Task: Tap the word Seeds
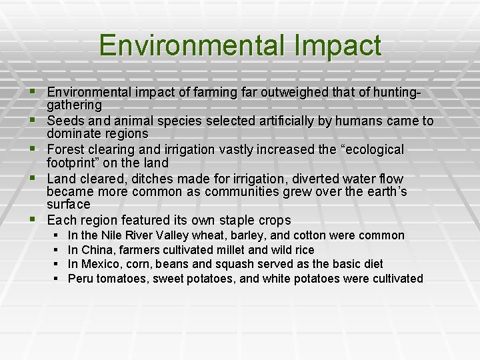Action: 65,121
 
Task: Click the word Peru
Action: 81,279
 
